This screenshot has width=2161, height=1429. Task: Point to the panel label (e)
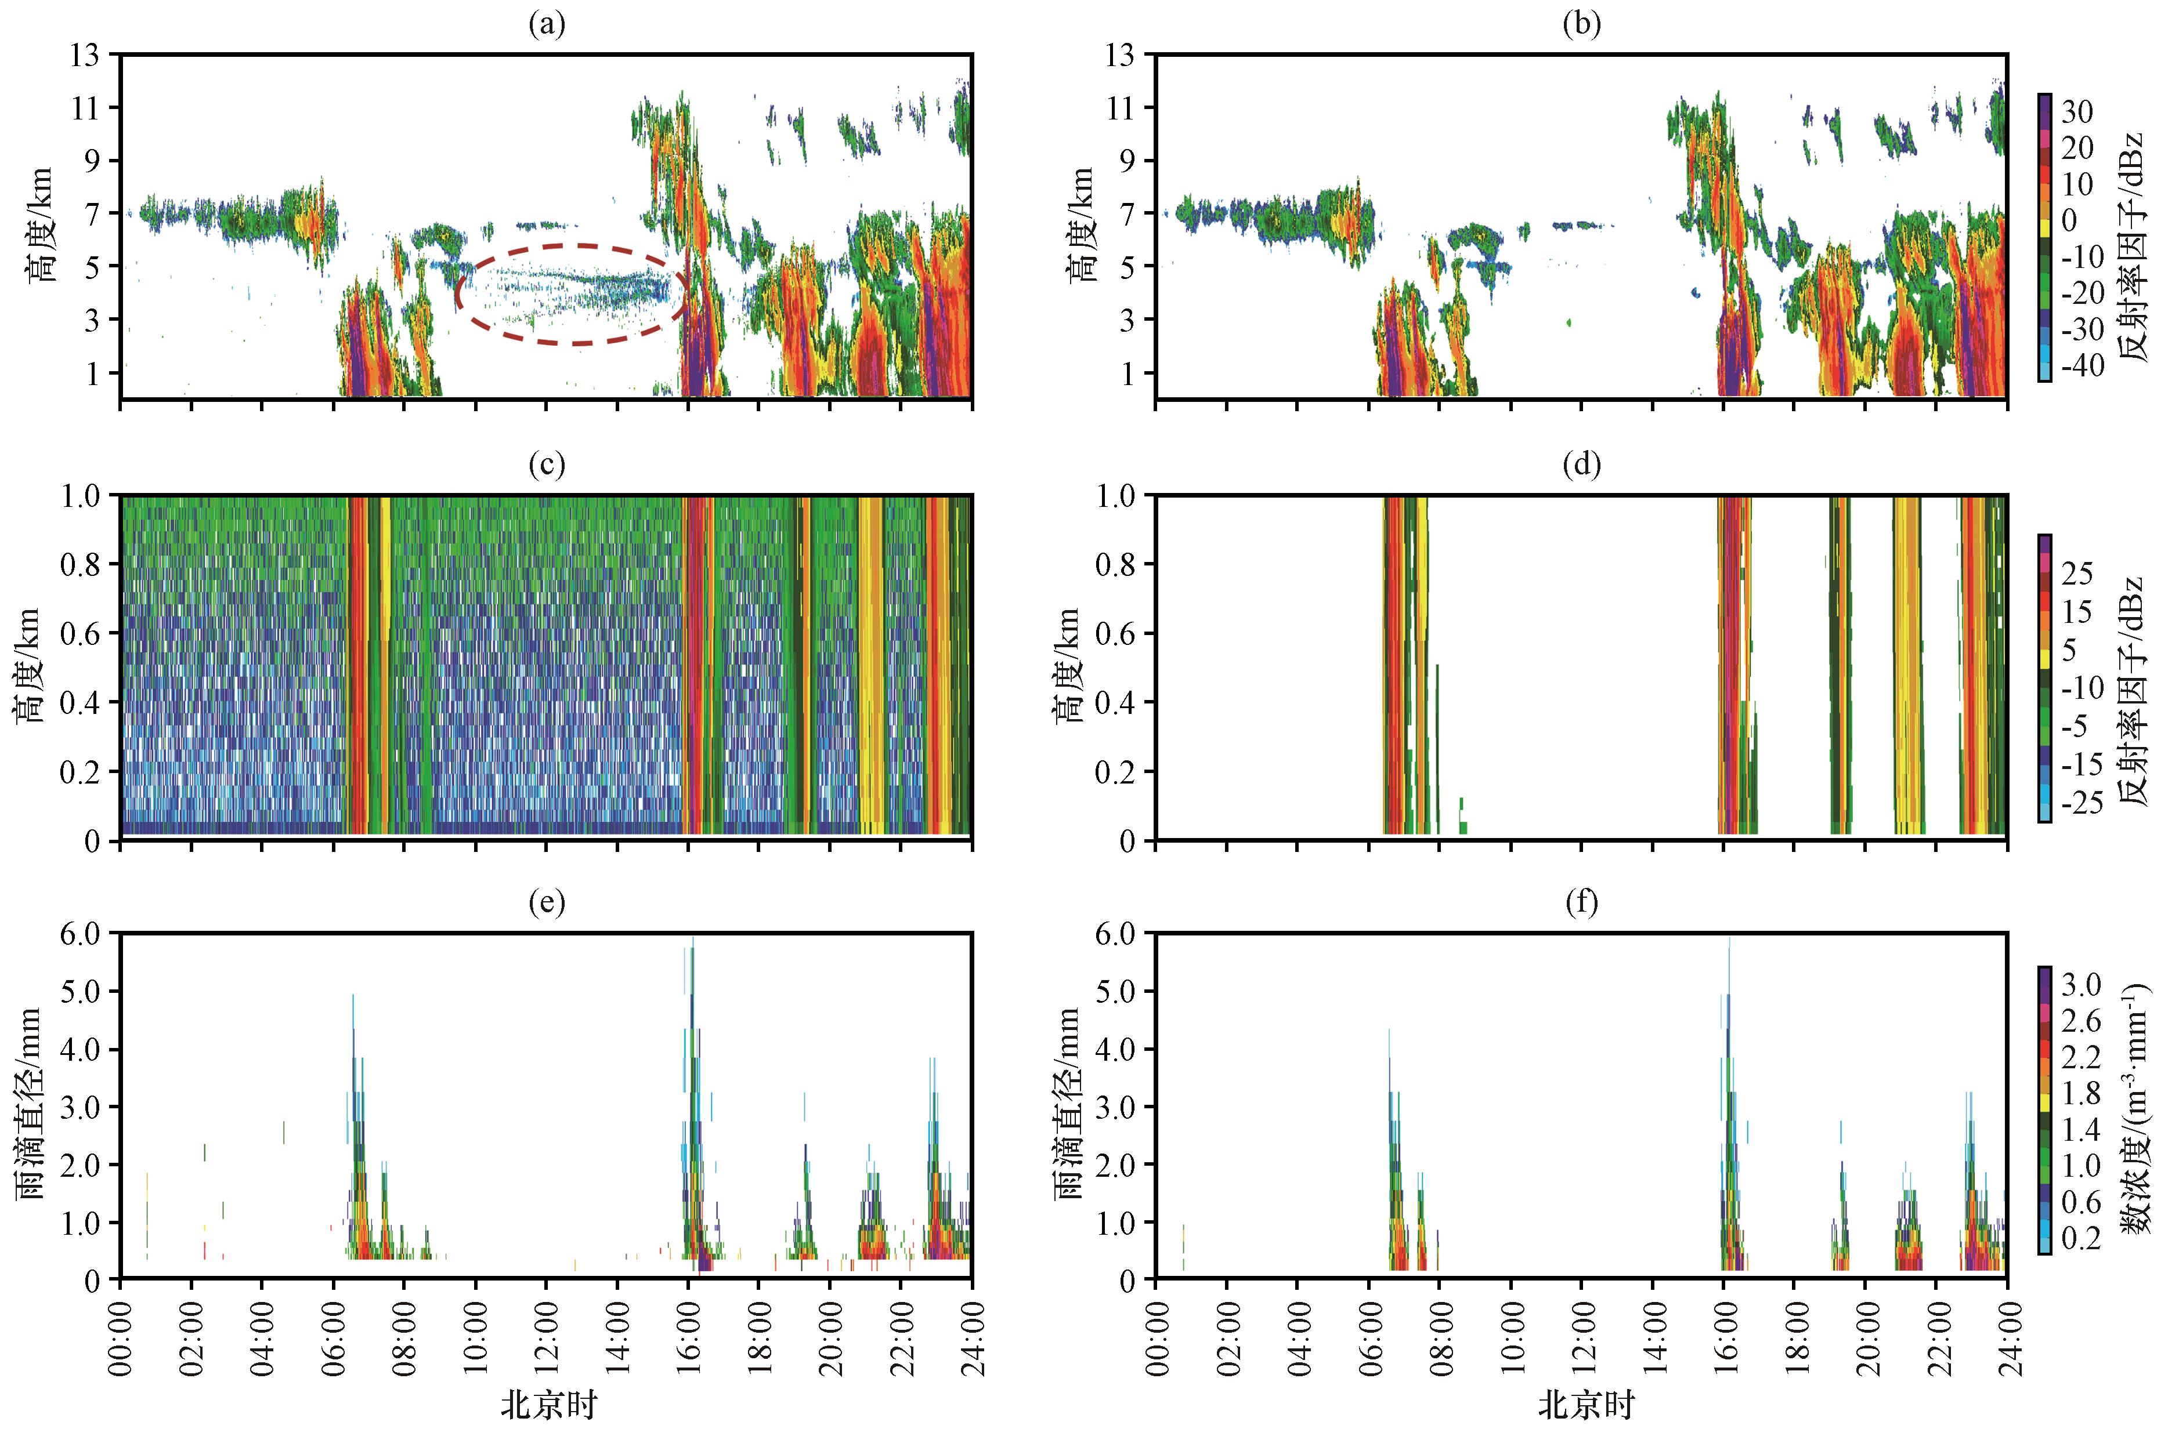[547, 902]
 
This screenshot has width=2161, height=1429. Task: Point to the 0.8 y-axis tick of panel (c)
[84, 564]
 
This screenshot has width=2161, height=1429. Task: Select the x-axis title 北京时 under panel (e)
[547, 1405]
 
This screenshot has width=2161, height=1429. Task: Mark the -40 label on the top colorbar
[2081, 367]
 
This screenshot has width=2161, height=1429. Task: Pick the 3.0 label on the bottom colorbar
[2081, 984]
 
